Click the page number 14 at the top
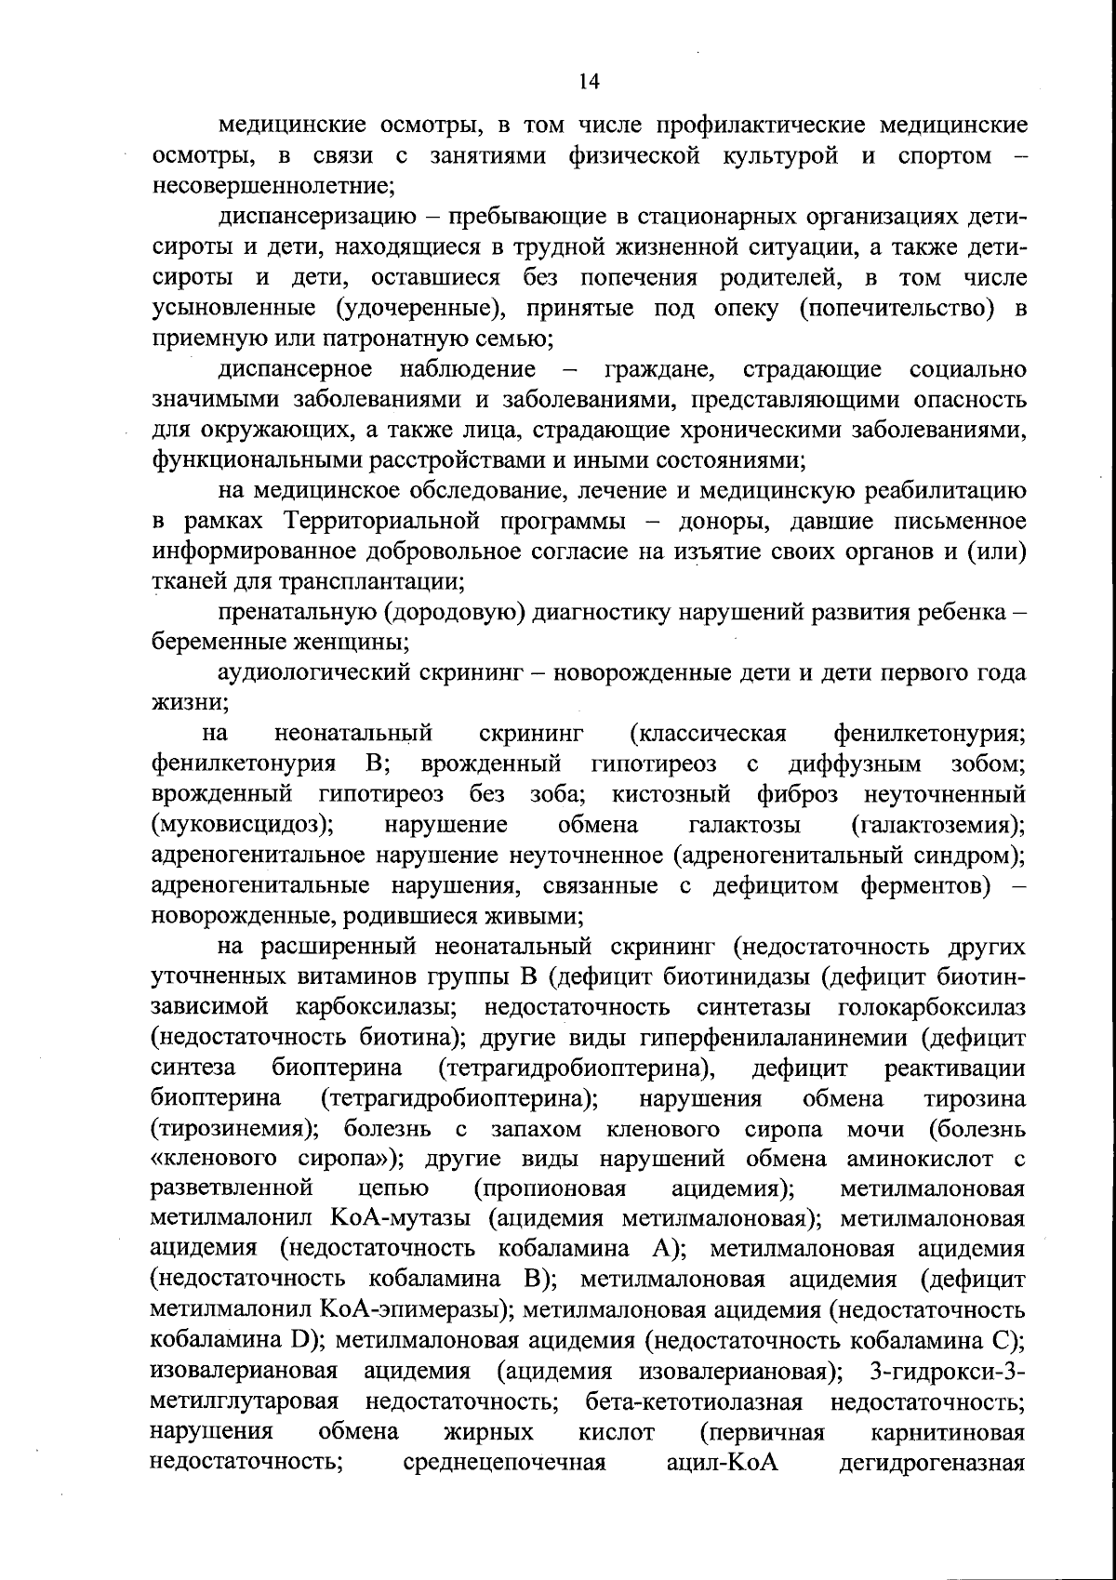click(589, 81)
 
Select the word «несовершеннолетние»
click(273, 185)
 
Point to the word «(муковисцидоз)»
click(244, 825)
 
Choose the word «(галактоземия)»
click(938, 825)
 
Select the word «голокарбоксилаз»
click(932, 1007)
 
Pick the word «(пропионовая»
click(549, 1189)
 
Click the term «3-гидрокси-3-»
click(947, 1372)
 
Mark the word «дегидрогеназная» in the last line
click(932, 1463)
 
